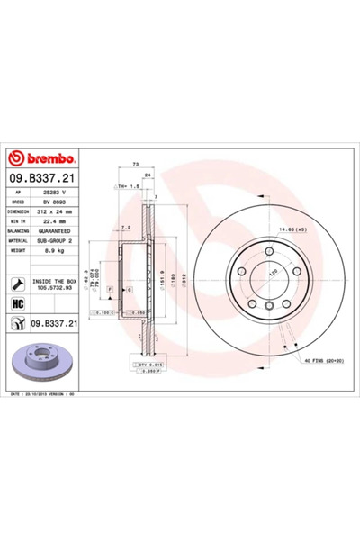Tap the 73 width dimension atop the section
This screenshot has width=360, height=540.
tap(135, 166)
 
